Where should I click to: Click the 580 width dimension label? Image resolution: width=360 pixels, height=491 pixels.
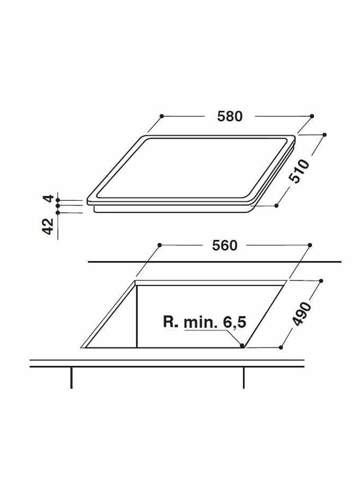230,116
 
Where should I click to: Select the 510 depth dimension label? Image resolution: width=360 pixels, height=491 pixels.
299,171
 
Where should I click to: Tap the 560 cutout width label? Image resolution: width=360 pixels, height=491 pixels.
225,245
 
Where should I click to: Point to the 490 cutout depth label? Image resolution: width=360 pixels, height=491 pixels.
302,314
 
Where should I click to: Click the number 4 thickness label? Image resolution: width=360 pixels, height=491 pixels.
49,198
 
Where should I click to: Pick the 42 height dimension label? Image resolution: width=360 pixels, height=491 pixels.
48,226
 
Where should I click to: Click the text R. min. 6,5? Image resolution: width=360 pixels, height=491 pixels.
205,322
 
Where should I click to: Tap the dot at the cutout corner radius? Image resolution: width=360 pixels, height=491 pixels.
242,345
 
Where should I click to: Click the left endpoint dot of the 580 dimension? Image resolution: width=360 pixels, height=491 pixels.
161,116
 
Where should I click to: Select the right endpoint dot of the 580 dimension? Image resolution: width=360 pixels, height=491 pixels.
312,116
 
